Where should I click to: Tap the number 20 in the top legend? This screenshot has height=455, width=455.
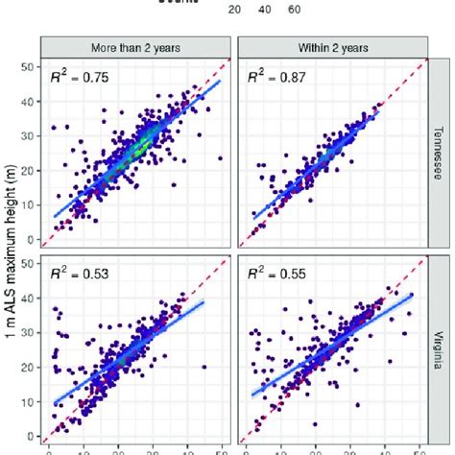[234, 10]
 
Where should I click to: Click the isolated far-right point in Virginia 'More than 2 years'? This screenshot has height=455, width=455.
[204, 367]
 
